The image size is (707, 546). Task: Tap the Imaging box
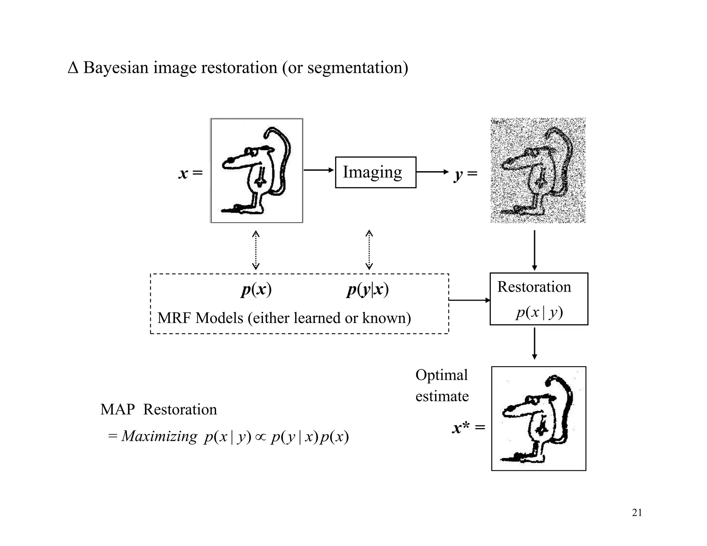(x=375, y=172)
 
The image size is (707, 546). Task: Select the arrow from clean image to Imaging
(x=319, y=170)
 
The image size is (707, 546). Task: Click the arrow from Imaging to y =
(x=432, y=172)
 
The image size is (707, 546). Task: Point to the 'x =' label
(x=190, y=173)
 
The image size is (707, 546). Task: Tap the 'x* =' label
(x=468, y=428)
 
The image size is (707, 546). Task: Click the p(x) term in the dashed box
(x=256, y=289)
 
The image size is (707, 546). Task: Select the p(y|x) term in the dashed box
(x=368, y=289)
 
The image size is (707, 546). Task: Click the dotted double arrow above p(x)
(x=255, y=250)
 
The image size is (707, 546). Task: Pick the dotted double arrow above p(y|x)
(x=369, y=250)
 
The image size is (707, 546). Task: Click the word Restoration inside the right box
(x=534, y=287)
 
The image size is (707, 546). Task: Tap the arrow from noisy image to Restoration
(x=534, y=250)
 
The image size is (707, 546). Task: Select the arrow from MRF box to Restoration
(x=469, y=300)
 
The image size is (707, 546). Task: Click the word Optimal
(x=442, y=375)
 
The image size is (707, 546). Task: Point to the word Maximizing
(x=159, y=436)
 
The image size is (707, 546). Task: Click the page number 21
(x=637, y=513)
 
